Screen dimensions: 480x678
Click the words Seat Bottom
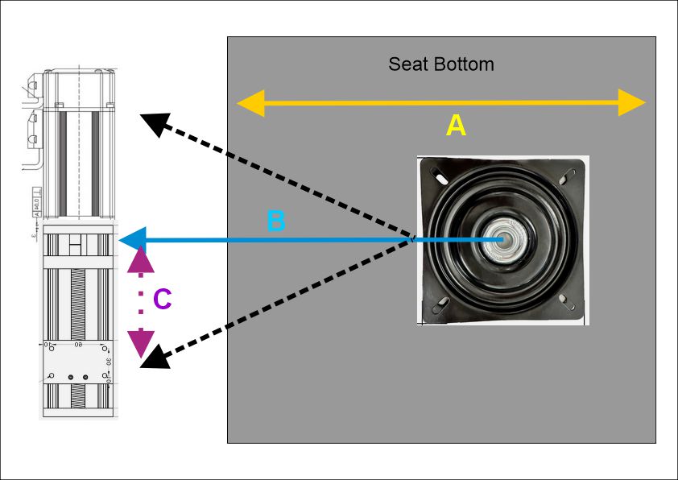(440, 64)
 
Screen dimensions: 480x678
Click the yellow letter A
(456, 126)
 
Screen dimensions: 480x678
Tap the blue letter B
(275, 221)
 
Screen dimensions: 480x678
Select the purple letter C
(162, 300)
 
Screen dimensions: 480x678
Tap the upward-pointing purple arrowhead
(141, 259)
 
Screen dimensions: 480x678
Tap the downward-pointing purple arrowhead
(141, 344)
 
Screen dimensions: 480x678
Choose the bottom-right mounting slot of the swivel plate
(568, 304)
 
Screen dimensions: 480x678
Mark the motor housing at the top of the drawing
(78, 145)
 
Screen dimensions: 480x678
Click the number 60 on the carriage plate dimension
(78, 345)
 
